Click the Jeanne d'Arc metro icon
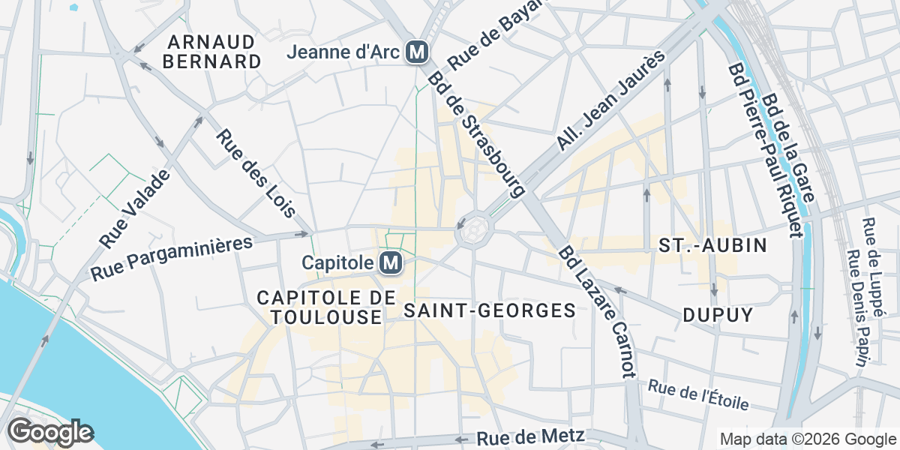click(416, 52)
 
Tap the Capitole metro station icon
click(389, 263)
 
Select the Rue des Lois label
click(255, 174)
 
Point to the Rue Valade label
click(135, 208)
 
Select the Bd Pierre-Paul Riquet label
click(762, 150)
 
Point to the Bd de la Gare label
click(789, 150)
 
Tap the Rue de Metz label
click(530, 437)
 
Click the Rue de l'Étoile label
click(698, 395)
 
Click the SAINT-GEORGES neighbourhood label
click(490, 310)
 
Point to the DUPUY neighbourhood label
click(718, 315)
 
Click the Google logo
click(50, 433)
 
